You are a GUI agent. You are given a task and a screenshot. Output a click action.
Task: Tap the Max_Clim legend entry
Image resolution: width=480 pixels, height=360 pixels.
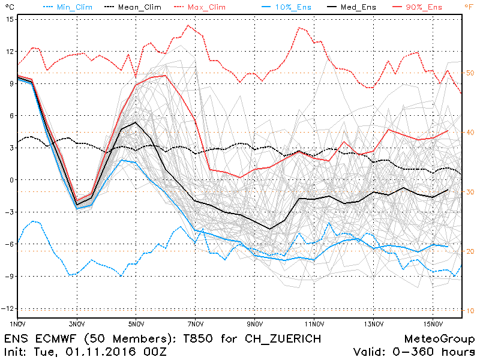coord(203,7)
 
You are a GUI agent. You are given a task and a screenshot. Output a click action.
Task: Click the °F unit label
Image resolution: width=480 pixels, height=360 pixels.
coord(469,7)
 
